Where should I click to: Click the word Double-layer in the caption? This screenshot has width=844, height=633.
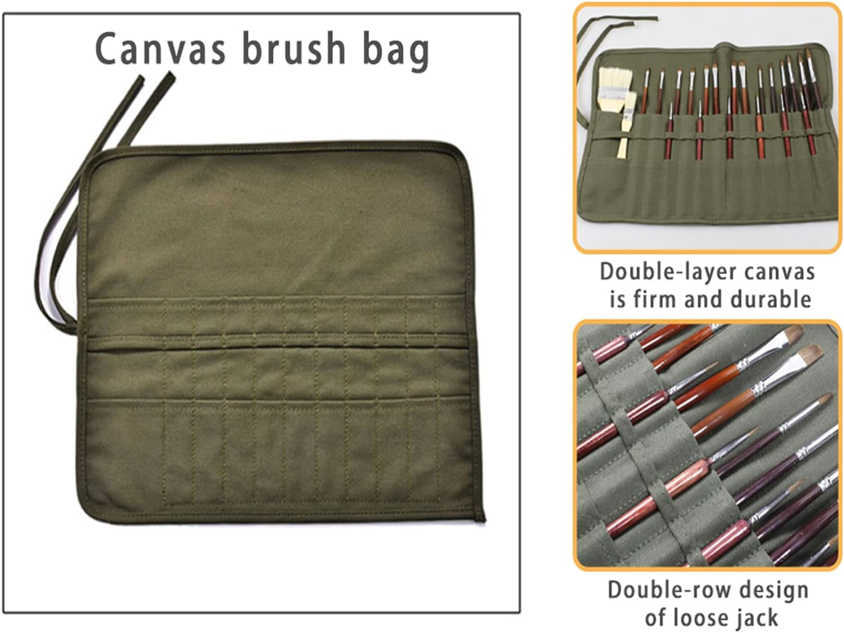pyautogui.click(x=667, y=273)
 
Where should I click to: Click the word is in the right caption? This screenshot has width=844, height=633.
pyautogui.click(x=617, y=299)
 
